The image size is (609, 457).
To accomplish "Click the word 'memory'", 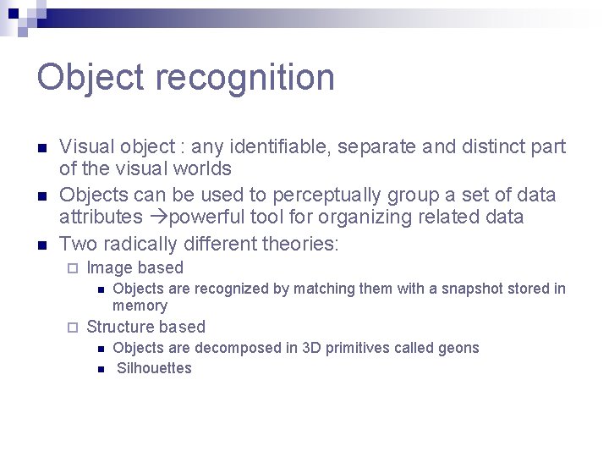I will (x=140, y=306).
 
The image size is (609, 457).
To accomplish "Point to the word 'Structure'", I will (x=121, y=328).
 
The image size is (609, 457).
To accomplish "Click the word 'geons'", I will (x=458, y=348).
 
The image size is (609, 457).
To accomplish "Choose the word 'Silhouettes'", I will (x=154, y=368).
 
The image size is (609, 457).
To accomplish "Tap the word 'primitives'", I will (x=361, y=348).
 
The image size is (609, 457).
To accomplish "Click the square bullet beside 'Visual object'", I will (x=41, y=147).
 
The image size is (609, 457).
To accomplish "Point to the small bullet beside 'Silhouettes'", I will (x=100, y=368).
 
